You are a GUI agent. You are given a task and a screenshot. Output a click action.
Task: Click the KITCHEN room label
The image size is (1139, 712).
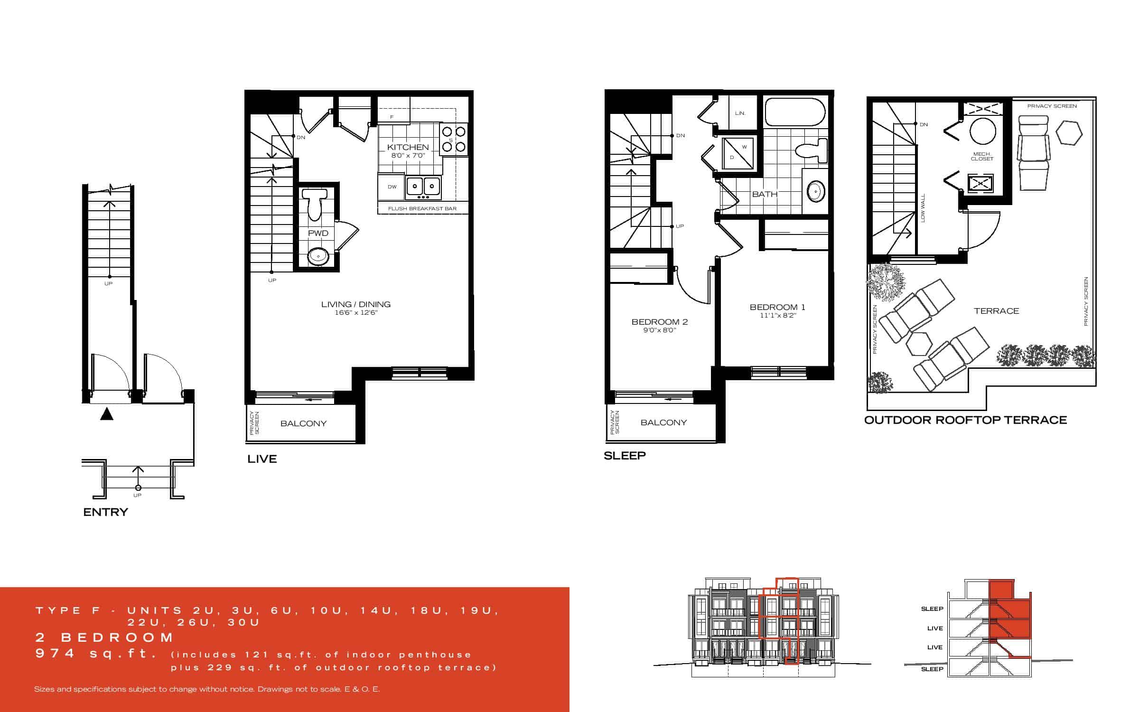coord(408,147)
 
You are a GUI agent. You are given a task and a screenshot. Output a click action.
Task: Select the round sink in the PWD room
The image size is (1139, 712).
coord(317,256)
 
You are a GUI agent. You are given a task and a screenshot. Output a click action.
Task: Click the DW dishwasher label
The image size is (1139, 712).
coord(392,187)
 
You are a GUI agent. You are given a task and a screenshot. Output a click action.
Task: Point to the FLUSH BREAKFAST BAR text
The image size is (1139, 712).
coord(422,208)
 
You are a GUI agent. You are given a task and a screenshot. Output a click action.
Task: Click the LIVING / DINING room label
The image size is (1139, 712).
coord(356,304)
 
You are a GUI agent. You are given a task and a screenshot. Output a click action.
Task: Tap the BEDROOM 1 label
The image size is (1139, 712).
coord(777,307)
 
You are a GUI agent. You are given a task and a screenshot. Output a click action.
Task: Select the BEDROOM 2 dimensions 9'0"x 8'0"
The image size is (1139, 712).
coord(660,330)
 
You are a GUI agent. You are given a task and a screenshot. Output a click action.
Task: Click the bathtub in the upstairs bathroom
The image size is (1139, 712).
coord(795,112)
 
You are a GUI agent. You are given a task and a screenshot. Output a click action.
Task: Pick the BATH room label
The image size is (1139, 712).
coord(765,194)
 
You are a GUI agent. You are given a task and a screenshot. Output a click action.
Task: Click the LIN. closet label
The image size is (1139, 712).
coord(740,113)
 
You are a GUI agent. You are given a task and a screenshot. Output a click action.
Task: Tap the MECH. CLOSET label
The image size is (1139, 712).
coord(982,156)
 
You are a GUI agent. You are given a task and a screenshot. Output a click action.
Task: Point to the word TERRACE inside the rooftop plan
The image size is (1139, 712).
coord(997,311)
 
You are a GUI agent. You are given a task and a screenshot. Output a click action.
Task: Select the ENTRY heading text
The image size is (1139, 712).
coord(105,512)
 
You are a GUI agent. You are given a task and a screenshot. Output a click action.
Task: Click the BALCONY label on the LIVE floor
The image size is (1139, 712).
coord(303,423)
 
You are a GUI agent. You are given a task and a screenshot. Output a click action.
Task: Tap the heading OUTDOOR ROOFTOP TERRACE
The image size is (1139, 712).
coord(965,420)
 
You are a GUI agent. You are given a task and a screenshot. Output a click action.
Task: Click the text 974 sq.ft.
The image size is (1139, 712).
coord(96,654)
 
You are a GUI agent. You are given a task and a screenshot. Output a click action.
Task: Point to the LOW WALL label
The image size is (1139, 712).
coord(923,208)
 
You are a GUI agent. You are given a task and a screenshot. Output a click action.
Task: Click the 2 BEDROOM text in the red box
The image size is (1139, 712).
coord(105,637)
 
